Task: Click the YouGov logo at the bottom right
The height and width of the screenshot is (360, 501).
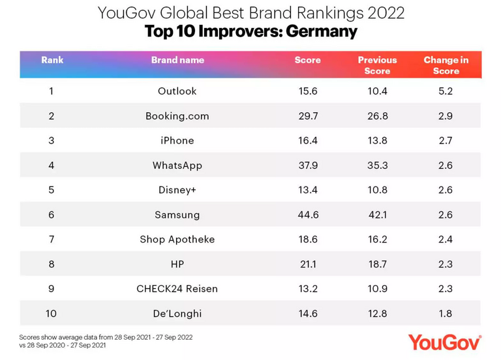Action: pos(444,341)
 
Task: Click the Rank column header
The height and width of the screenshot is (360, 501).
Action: pos(52,60)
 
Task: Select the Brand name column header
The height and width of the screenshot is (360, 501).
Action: pos(177,60)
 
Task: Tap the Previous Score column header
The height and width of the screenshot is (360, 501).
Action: pos(377,65)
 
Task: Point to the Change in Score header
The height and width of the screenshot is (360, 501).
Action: pos(446,65)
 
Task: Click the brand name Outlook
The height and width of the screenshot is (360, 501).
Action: pos(177,91)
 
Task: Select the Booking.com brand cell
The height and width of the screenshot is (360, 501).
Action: pos(177,116)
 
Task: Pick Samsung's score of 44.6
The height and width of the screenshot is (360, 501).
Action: pos(307,215)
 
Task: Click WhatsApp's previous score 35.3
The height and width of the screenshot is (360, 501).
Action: pos(377,166)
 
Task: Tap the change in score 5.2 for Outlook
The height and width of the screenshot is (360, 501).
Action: pos(446,91)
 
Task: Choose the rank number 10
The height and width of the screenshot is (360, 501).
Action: pos(52,314)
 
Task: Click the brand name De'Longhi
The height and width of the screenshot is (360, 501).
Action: pos(177,314)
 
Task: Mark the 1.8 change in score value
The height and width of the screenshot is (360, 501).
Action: pos(446,314)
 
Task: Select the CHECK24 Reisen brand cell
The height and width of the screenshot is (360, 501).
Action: pos(177,289)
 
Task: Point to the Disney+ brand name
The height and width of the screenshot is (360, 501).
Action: pos(177,190)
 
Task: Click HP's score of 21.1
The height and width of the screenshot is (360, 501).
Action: pos(307,264)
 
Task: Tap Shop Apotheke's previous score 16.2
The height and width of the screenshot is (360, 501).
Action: pos(377,239)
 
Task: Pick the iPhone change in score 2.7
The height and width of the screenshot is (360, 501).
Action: pos(446,141)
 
